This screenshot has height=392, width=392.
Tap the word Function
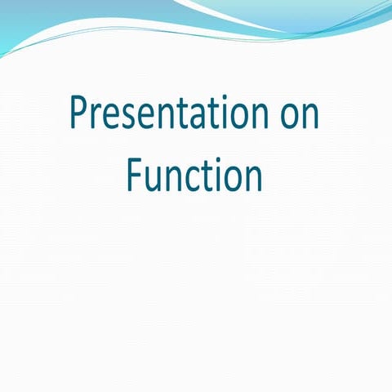(194, 175)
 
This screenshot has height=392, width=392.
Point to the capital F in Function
(134, 174)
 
